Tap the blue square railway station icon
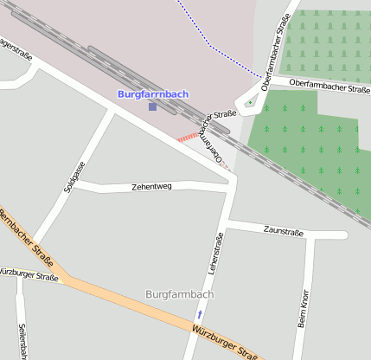tap(153, 106)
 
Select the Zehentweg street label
tap(151, 186)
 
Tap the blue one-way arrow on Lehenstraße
tap(200, 314)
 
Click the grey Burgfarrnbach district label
tap(180, 294)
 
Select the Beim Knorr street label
tap(303, 308)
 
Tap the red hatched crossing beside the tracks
tap(187, 137)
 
